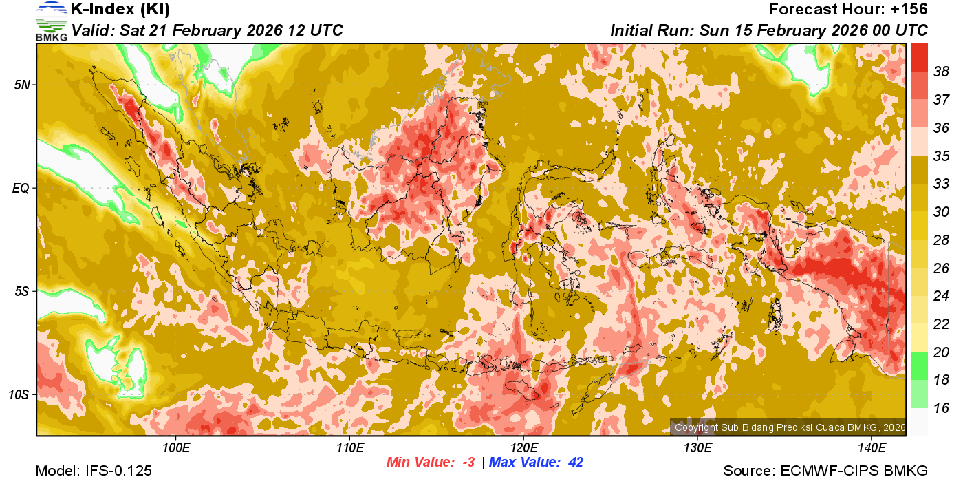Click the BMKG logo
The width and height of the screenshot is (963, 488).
pyautogui.click(x=51, y=21)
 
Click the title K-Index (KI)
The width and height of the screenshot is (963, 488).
pyautogui.click(x=120, y=10)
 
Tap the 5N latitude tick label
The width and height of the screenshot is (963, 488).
pyautogui.click(x=21, y=85)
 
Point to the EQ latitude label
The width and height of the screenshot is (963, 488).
pyautogui.click(x=21, y=188)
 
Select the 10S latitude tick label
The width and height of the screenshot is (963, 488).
pyautogui.click(x=19, y=395)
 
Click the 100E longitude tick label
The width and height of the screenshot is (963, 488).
pyautogui.click(x=176, y=448)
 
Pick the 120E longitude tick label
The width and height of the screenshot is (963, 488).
pyautogui.click(x=523, y=448)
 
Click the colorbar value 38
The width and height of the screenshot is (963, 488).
pyautogui.click(x=941, y=72)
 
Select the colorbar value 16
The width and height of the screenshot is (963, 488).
pyautogui.click(x=941, y=408)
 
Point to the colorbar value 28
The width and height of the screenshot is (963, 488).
pyautogui.click(x=941, y=240)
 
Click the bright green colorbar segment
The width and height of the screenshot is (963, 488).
pyautogui.click(x=919, y=365)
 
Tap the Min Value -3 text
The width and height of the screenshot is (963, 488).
pyautogui.click(x=431, y=463)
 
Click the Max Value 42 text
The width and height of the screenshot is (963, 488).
pyautogui.click(x=536, y=463)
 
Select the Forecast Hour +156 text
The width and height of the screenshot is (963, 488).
pyautogui.click(x=848, y=10)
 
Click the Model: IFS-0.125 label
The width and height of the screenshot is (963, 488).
pyautogui.click(x=94, y=471)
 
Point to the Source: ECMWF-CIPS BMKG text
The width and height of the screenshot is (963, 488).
pyautogui.click(x=825, y=471)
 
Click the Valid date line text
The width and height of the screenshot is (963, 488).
pyautogui.click(x=207, y=30)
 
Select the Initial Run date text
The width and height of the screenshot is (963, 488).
pyautogui.click(x=769, y=30)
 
